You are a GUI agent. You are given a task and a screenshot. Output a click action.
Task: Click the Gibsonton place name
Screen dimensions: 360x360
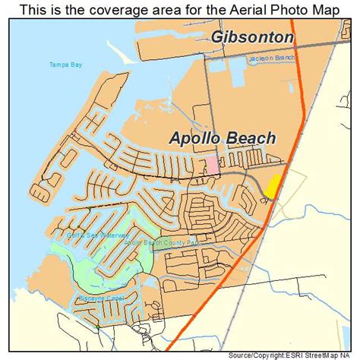[251, 36]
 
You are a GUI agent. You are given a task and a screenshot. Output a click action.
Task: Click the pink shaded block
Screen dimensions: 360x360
[213, 163]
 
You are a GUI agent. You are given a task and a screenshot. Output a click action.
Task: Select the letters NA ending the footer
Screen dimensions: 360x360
[354, 354]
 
